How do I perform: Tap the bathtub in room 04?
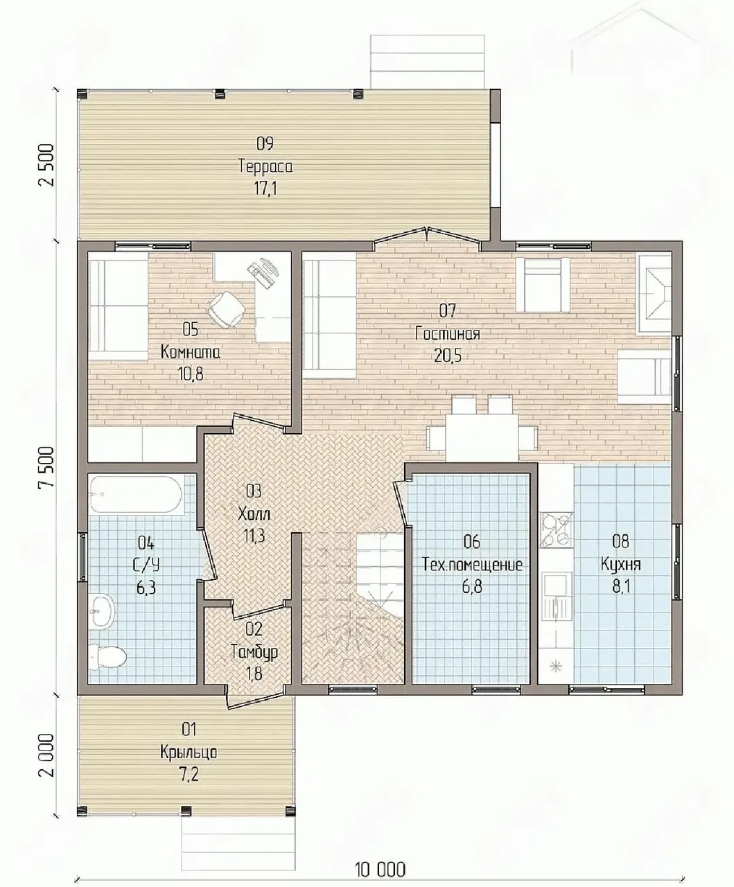(136, 495)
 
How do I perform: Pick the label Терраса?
(265, 166)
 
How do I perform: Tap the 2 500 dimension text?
(46, 165)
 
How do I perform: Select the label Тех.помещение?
(472, 565)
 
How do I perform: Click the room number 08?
(620, 542)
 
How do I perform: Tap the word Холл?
(254, 514)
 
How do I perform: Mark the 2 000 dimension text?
(46, 755)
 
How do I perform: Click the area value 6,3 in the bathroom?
(146, 588)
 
